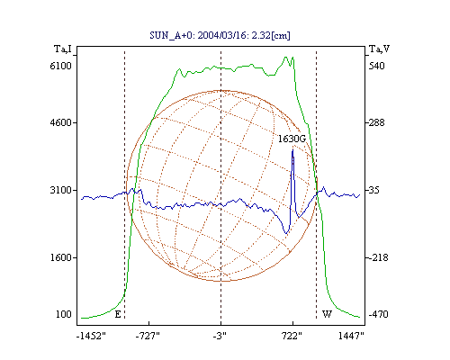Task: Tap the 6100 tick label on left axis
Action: pos(61,66)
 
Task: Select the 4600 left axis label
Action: pos(61,122)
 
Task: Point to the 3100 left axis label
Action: pos(61,190)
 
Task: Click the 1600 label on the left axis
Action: pos(61,257)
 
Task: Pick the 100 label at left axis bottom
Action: pos(64,314)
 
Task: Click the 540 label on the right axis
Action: pos(376,66)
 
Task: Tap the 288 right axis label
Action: pos(376,122)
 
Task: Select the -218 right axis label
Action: pos(378,257)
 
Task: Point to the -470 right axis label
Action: pos(378,314)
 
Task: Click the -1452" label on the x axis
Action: pos(91,336)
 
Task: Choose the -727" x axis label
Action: pos(148,336)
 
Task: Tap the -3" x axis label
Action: pos(220,336)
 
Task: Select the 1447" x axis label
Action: pos(351,336)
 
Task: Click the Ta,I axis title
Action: pos(63,49)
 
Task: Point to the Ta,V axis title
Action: pos(379,49)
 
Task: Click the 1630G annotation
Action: pos(292,139)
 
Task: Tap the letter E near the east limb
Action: pos(118,314)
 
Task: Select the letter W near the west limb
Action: pos(327,314)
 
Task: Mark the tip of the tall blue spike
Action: pos(292,149)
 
